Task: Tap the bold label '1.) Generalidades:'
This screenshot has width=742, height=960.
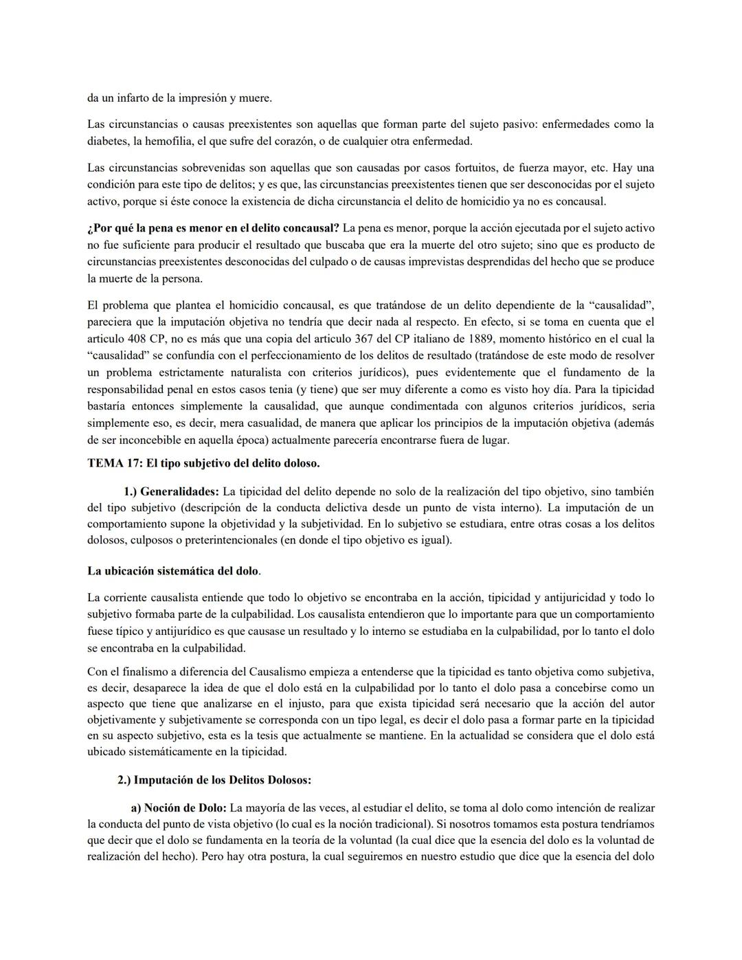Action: pos(171,491)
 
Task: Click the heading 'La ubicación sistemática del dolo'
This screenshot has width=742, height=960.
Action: pos(173,570)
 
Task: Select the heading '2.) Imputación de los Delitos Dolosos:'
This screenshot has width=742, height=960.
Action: pos(214,780)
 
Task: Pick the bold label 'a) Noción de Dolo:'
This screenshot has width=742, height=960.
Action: pos(179,807)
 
